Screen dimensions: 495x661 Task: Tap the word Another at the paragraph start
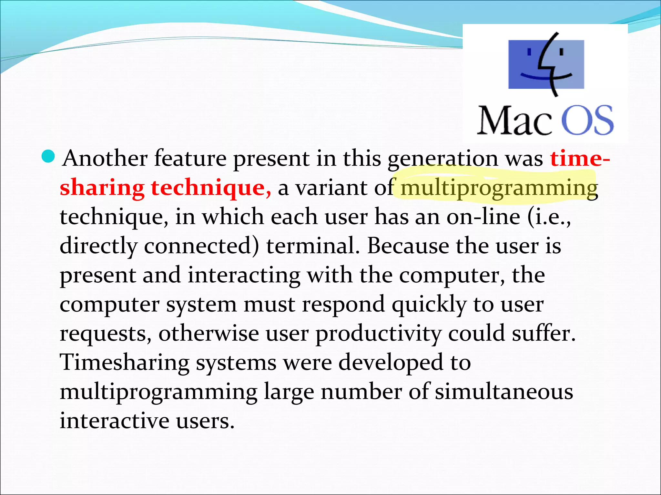pyautogui.click(x=105, y=159)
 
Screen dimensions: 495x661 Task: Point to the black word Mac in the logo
pyautogui.click(x=514, y=121)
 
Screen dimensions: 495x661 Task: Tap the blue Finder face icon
pyautogui.click(x=546, y=64)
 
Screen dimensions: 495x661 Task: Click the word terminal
pyautogui.click(x=313, y=246)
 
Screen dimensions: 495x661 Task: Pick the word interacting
pyautogui.click(x=244, y=276)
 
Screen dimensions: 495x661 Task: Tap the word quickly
pyautogui.click(x=429, y=305)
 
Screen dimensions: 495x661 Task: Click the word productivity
pyautogui.click(x=378, y=334)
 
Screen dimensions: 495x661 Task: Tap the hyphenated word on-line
pyautogui.click(x=483, y=217)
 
